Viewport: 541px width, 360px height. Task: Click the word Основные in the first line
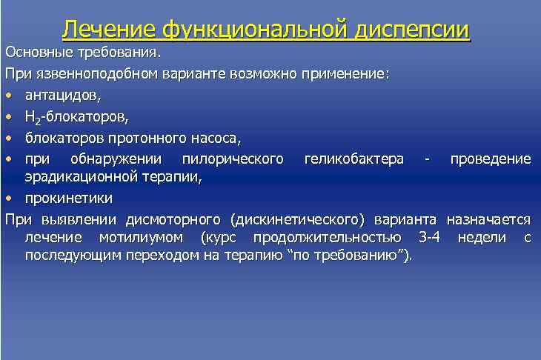(38, 53)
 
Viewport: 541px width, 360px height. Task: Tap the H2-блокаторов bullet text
(76, 116)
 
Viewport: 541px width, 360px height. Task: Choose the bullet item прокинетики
(68, 199)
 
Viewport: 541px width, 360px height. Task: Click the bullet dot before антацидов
(8, 96)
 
